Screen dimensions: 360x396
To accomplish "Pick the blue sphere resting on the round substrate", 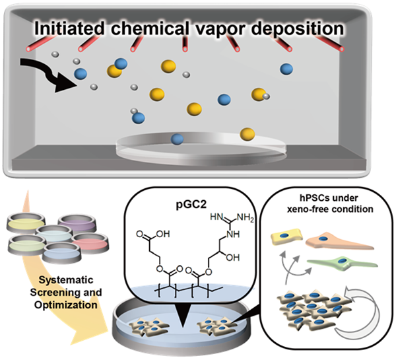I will point(177,139).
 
